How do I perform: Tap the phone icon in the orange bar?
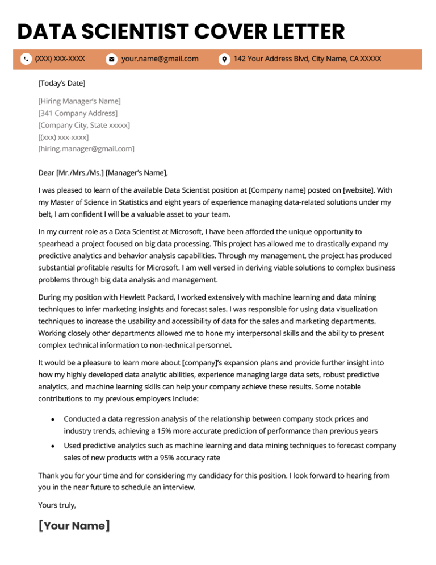[x=26, y=59]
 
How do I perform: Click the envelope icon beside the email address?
[x=111, y=59]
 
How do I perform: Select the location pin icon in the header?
[x=224, y=59]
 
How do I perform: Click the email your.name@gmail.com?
[x=160, y=59]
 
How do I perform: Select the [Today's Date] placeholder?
[x=61, y=84]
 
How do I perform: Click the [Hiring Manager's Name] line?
[x=79, y=101]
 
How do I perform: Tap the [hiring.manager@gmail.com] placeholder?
[x=86, y=149]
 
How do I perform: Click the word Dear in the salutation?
[x=47, y=173]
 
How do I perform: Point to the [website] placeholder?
[x=357, y=190]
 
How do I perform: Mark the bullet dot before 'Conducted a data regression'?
[x=53, y=419]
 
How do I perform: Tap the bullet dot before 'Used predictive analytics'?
[x=53, y=446]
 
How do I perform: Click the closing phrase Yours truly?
[x=57, y=505]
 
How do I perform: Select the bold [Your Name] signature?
[x=74, y=526]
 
